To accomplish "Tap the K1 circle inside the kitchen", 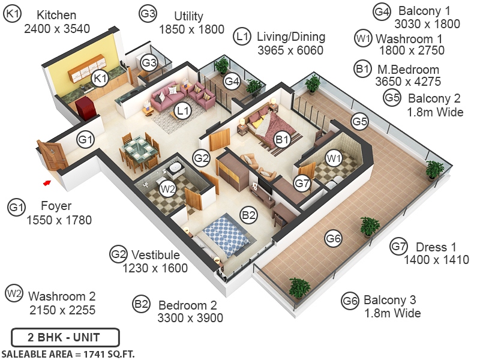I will [x=100, y=77].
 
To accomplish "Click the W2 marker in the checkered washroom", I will [x=168, y=188].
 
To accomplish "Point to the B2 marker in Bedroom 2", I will [x=249, y=214].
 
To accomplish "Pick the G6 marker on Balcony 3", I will [x=334, y=239].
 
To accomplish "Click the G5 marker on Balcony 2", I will [x=359, y=122].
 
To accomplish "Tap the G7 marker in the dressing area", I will [x=302, y=183].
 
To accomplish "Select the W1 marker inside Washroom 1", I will [x=334, y=158].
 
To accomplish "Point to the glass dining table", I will [x=139, y=148].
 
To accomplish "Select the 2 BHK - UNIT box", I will [x=65, y=337].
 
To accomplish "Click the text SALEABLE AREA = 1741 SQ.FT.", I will [x=68, y=354].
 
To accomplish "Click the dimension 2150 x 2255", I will [x=62, y=310].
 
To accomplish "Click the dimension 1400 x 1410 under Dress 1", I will [x=436, y=260].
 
